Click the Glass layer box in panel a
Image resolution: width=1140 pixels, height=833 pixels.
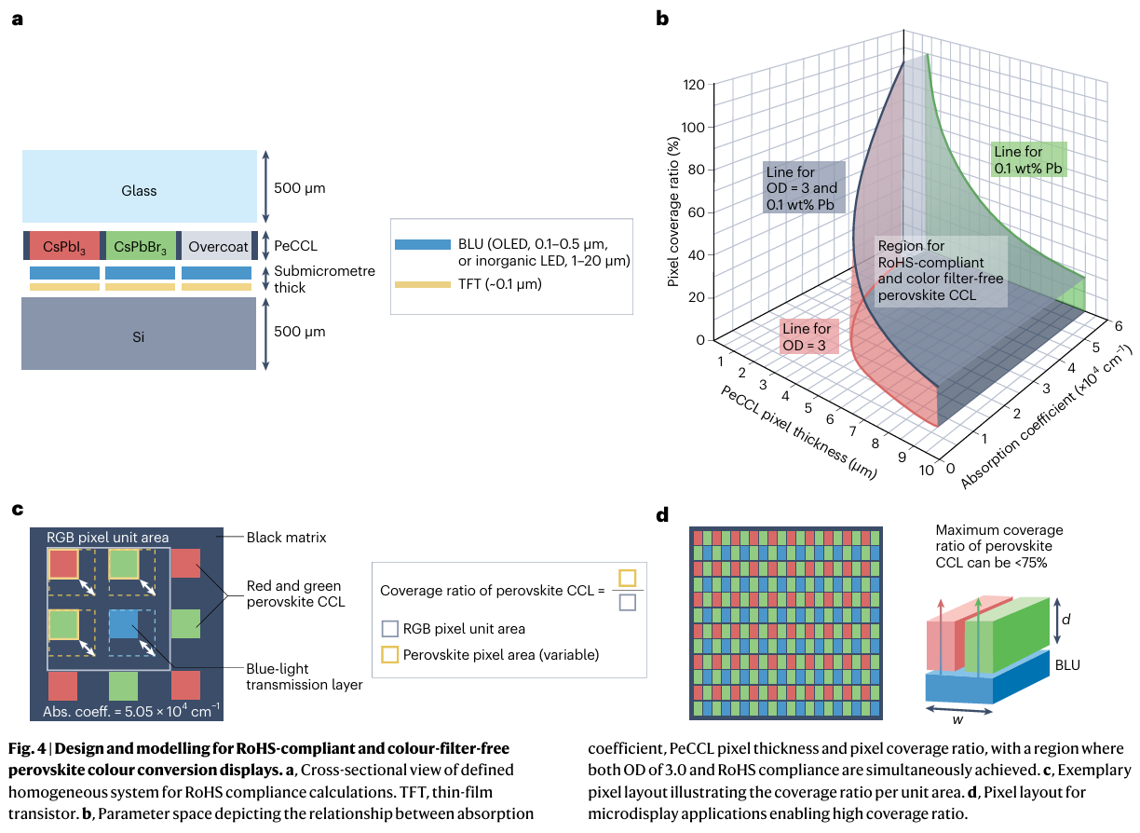coord(140,190)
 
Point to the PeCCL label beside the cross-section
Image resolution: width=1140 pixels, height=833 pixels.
coord(295,246)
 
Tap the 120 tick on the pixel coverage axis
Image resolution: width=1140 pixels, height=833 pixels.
coord(692,85)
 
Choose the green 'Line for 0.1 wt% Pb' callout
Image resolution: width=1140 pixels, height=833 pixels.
coord(1028,160)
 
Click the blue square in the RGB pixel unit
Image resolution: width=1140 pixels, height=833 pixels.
coord(123,624)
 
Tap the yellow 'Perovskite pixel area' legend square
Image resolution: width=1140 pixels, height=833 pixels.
coord(391,655)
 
